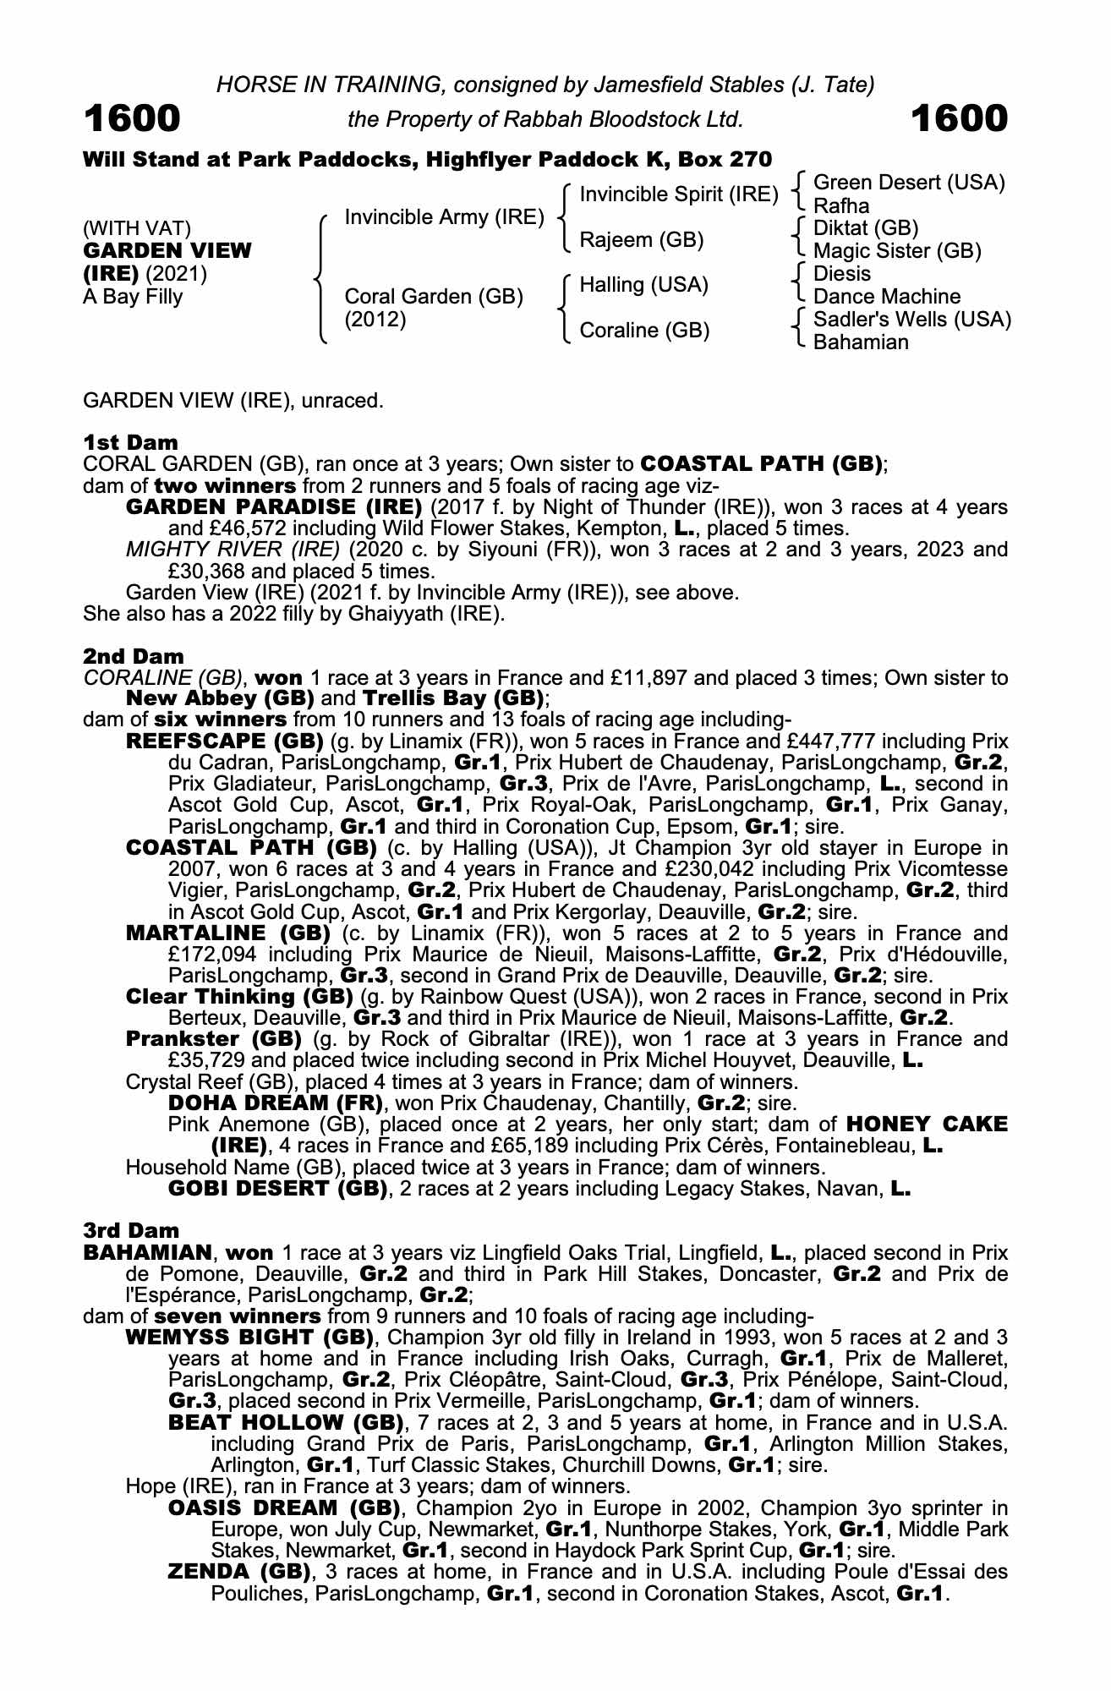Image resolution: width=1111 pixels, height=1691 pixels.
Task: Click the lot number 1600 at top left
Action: pyautogui.click(x=132, y=119)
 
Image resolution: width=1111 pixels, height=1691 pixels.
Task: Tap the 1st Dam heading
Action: pyautogui.click(x=130, y=442)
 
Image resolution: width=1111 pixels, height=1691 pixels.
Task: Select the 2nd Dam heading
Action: pyautogui.click(x=133, y=656)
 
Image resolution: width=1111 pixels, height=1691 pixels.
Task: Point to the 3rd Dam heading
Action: pyautogui.click(x=131, y=1230)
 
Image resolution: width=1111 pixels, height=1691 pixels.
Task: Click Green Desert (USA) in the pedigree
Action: pyautogui.click(x=908, y=183)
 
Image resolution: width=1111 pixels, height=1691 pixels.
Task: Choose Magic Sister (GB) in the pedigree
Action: pyautogui.click(x=896, y=251)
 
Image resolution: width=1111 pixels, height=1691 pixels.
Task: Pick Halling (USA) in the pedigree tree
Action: pyautogui.click(x=643, y=285)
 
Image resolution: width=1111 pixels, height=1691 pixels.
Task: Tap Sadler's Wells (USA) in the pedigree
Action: pyautogui.click(x=911, y=320)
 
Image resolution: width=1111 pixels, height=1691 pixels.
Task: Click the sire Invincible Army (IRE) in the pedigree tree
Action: pyautogui.click(x=444, y=217)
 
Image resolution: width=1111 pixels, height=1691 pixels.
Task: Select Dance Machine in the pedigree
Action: pyautogui.click(x=886, y=297)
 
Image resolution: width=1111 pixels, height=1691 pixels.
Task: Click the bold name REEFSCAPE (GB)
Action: pyautogui.click(x=224, y=742)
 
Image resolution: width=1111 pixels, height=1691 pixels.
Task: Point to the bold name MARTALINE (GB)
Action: pyautogui.click(x=227, y=933)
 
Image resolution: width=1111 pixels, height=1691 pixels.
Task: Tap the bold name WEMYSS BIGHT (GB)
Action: pyautogui.click(x=249, y=1338)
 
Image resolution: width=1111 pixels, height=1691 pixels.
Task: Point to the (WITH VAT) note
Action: pyautogui.click(x=136, y=228)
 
